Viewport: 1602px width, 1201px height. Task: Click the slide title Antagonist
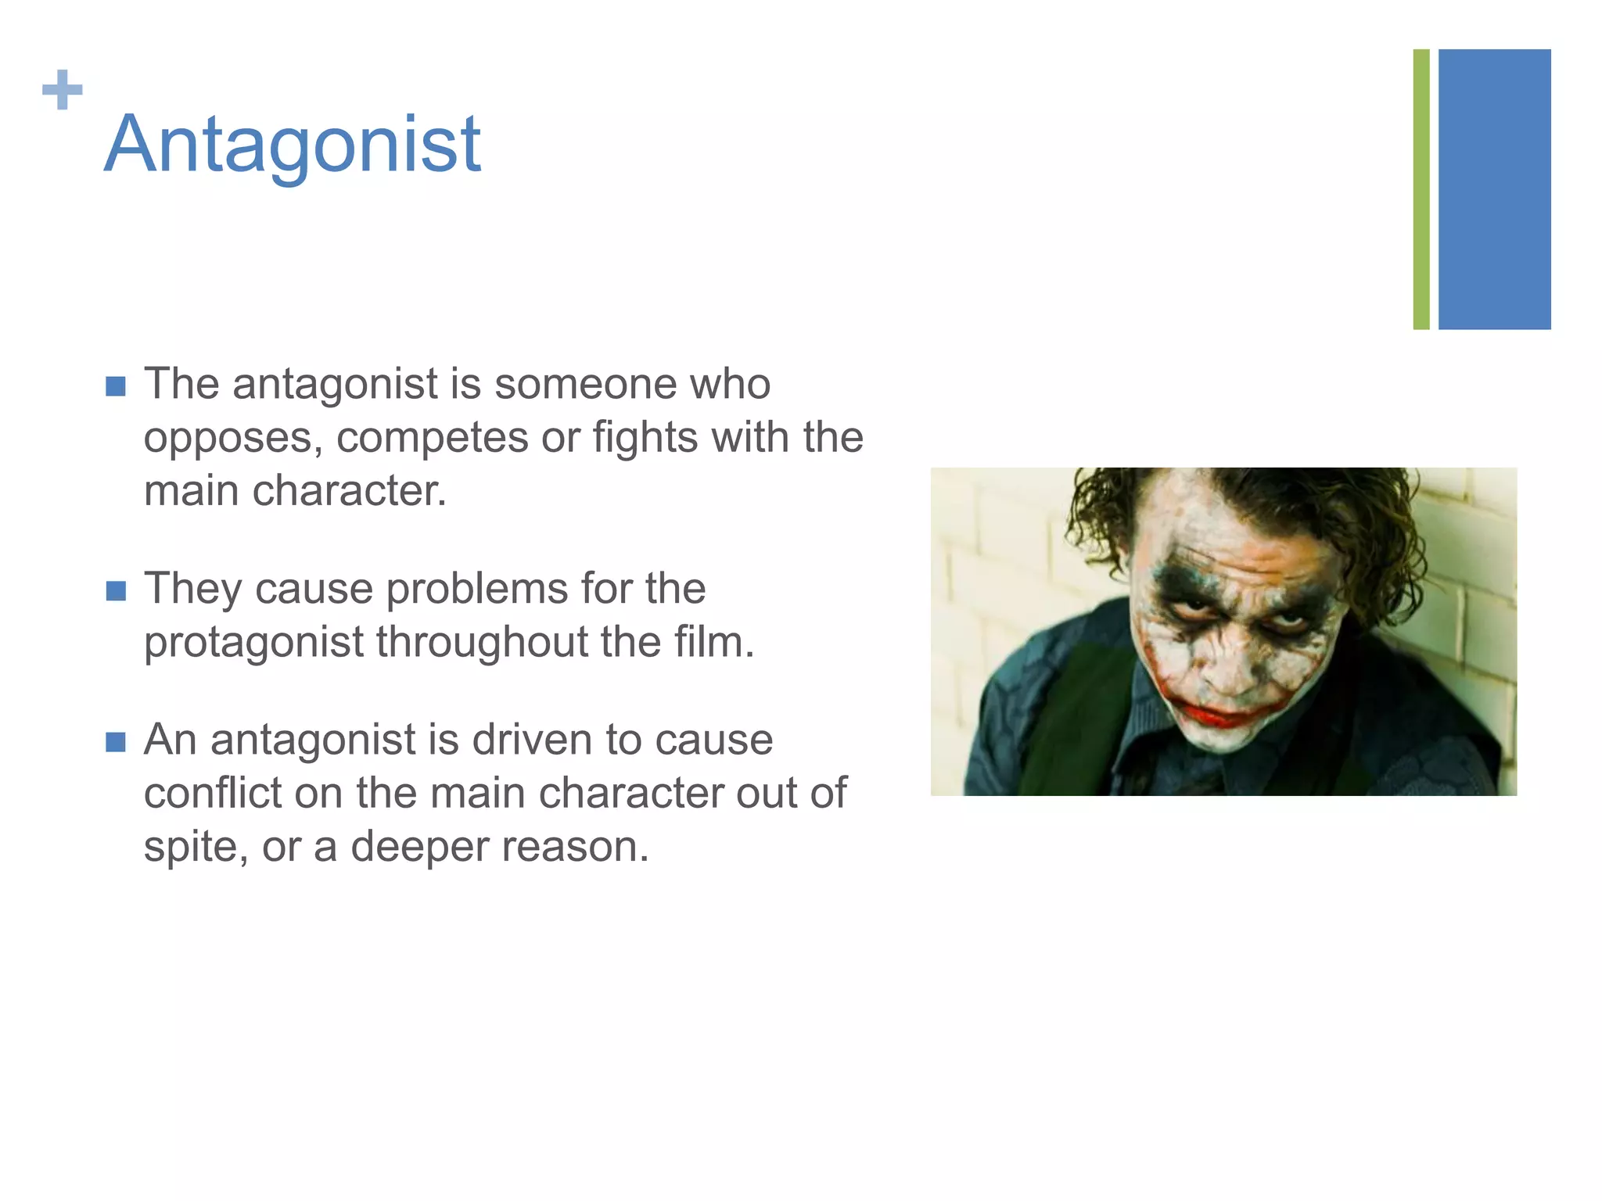coord(293,145)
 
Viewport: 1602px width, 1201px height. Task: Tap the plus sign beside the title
coord(63,90)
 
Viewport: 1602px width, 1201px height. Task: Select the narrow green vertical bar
coord(1421,189)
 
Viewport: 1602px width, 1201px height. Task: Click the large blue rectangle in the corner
coord(1494,189)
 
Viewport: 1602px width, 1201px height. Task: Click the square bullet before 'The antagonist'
coord(116,386)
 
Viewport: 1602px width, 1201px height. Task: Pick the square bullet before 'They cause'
coord(116,590)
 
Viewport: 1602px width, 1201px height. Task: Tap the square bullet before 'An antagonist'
coord(116,741)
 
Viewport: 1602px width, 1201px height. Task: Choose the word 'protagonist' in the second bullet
coord(253,643)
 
